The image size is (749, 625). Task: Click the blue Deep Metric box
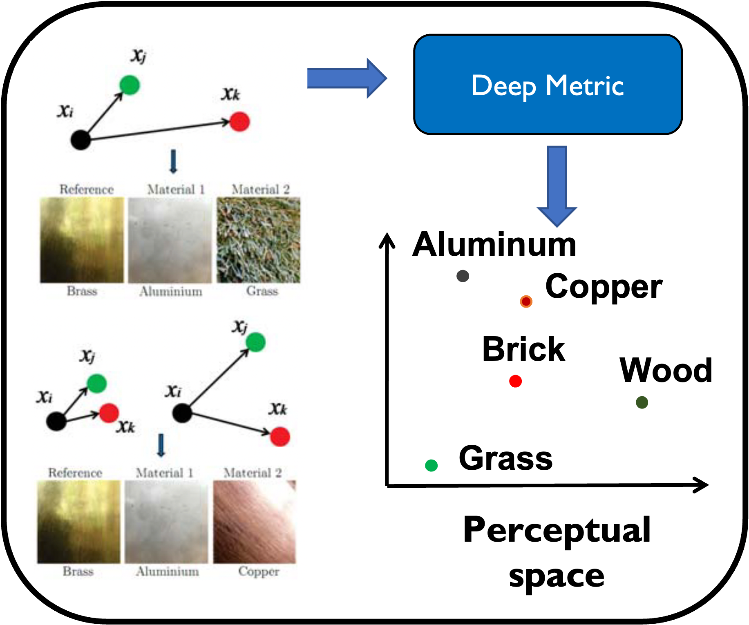coord(548,85)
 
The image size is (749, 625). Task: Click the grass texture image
coord(258,240)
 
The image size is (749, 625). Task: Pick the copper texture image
coord(254,522)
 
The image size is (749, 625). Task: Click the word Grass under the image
coord(262,291)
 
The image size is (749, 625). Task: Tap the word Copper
coord(259,571)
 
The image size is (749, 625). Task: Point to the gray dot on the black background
coord(463,276)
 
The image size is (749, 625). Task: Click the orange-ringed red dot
coord(526,301)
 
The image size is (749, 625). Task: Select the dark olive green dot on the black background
coord(642,402)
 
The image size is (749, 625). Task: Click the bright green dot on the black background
coord(431,465)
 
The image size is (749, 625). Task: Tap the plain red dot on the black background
coord(515,381)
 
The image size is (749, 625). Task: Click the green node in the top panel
coord(130,85)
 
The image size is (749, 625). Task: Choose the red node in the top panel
coord(239,122)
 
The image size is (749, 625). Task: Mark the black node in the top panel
coord(80,140)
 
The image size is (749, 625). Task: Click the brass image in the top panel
coord(82,240)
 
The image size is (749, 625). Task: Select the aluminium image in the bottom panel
coord(166,522)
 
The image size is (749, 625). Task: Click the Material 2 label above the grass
coord(260,190)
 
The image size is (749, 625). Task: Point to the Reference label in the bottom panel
coord(75,473)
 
